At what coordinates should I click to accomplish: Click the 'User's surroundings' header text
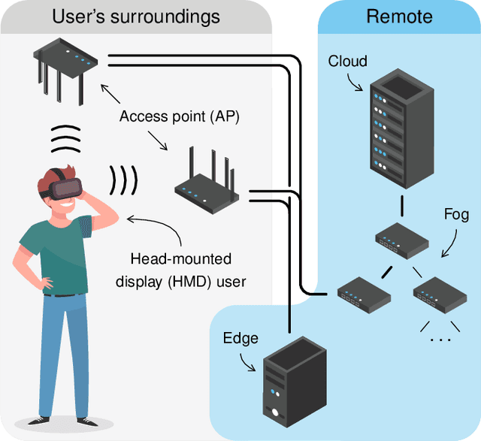[x=135, y=17]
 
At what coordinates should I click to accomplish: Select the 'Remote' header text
[x=399, y=17]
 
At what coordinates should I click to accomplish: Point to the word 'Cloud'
[x=347, y=61]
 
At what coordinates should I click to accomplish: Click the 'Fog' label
[x=456, y=215]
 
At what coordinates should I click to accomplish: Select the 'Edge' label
[x=240, y=338]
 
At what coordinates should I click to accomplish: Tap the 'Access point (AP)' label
[x=179, y=116]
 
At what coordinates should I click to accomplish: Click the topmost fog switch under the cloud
[x=401, y=239]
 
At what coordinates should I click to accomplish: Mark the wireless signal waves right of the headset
[x=125, y=180]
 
